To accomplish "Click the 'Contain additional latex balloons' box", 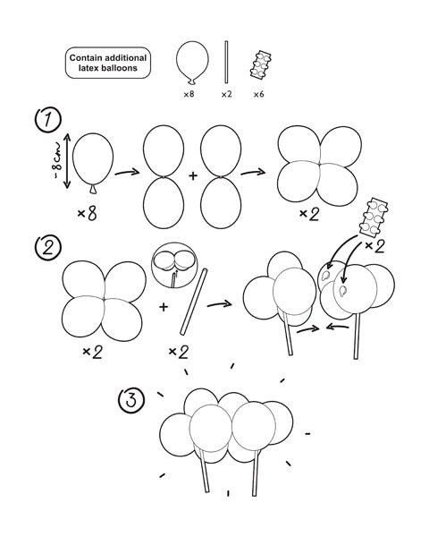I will (x=109, y=63).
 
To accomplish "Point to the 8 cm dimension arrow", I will (x=65, y=162).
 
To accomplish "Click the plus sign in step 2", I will (x=164, y=306).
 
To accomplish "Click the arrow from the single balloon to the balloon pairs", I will (x=126, y=170).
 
